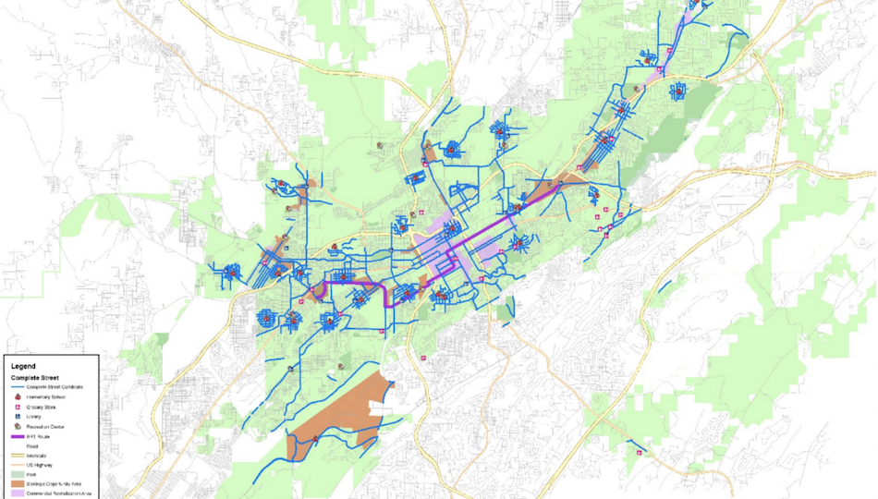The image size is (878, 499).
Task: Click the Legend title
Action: [x=23, y=367]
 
